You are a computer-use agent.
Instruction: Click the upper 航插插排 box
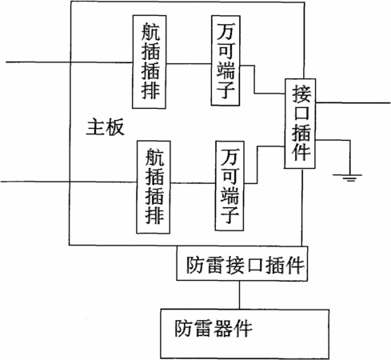tap(150, 62)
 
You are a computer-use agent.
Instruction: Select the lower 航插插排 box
tap(154, 187)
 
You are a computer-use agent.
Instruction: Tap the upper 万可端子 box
tap(225, 61)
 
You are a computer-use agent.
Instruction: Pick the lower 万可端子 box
tap(229, 186)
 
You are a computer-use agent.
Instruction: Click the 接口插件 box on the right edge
tap(300, 124)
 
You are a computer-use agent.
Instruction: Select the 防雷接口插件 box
tap(242, 263)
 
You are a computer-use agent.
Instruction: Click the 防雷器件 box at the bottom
tap(245, 334)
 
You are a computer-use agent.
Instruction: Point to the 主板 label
tap(106, 127)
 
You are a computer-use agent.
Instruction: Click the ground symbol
tap(347, 178)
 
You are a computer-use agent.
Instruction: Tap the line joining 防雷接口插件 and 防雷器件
tap(239, 294)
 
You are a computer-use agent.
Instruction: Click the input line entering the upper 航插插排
tap(70, 62)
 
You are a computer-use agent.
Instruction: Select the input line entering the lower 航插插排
tap(69, 182)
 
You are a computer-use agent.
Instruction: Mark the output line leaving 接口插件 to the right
tap(353, 102)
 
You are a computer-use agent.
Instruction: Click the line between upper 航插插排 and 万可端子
tap(189, 64)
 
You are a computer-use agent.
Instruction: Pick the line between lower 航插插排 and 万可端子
tap(193, 183)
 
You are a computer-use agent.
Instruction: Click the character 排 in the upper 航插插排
tap(150, 90)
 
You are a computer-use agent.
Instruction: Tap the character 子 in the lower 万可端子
tap(229, 214)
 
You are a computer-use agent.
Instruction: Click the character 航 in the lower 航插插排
tap(154, 157)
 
